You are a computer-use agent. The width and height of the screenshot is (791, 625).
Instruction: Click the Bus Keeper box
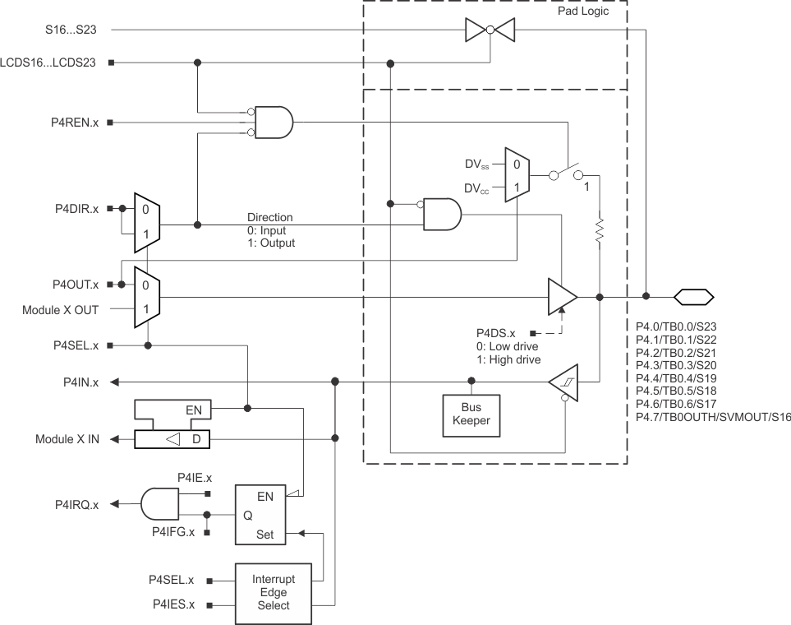tap(471, 414)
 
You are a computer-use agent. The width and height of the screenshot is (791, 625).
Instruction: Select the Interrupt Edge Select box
tap(274, 592)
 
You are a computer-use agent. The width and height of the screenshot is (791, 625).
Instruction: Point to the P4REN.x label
tap(72, 123)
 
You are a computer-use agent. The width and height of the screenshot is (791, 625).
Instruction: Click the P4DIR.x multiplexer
tap(146, 223)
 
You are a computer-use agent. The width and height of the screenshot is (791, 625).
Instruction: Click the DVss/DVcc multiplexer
tap(516, 175)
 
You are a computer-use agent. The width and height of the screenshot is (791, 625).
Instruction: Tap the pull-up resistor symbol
tap(600, 231)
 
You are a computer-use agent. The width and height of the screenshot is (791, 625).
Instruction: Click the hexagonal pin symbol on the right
tap(693, 297)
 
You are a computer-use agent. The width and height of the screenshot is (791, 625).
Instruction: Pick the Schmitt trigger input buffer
tap(564, 382)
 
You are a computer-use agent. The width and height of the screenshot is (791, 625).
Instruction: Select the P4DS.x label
tap(495, 333)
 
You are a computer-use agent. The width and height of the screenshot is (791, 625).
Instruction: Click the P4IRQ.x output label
tap(72, 504)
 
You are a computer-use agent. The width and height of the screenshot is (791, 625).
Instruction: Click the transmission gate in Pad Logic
tap(489, 30)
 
